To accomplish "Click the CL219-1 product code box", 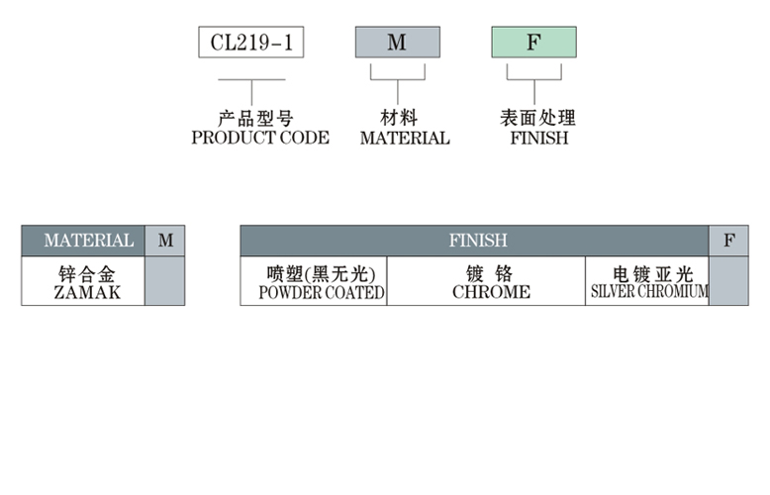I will tap(251, 43).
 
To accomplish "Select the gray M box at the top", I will tap(397, 43).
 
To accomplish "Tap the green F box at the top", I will tap(533, 43).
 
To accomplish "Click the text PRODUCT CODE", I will tap(260, 139).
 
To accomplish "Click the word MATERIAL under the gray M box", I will tap(405, 139).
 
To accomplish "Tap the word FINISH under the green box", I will tap(539, 139).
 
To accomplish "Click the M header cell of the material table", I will tap(165, 241).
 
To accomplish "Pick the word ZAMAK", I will tap(87, 293).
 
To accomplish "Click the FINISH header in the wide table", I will tap(477, 241).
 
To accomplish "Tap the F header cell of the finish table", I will tap(729, 241).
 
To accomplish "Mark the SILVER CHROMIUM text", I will tap(649, 292).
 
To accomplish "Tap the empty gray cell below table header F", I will tap(729, 281).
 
